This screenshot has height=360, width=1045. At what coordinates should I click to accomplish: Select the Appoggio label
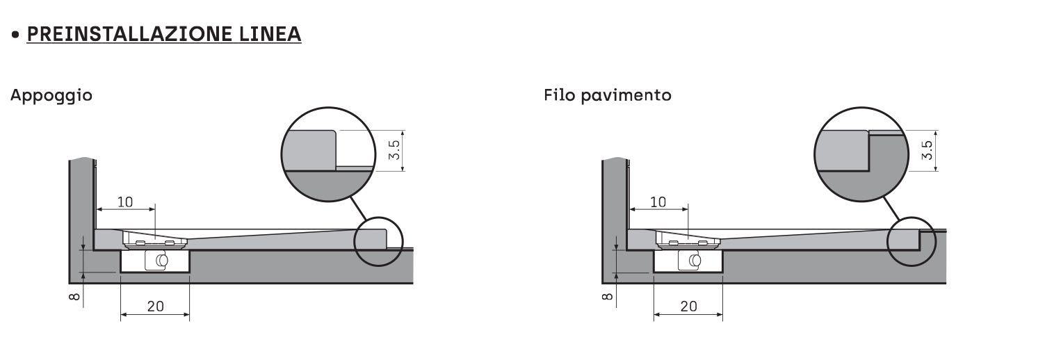pyautogui.click(x=51, y=95)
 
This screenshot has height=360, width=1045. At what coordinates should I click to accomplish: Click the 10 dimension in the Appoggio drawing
pyautogui.click(x=125, y=202)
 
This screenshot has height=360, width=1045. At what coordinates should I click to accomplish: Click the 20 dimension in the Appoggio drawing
pyautogui.click(x=155, y=306)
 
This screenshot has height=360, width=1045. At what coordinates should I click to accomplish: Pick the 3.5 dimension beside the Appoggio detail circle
pyautogui.click(x=394, y=151)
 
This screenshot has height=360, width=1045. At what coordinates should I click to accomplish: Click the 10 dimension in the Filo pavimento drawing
pyautogui.click(x=658, y=202)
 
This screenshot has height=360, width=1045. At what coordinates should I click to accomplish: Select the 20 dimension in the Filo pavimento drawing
pyautogui.click(x=688, y=306)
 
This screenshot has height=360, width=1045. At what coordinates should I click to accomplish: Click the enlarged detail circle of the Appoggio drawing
pyautogui.click(x=328, y=154)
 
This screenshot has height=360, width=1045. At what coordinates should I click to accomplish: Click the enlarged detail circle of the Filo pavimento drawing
pyautogui.click(x=861, y=154)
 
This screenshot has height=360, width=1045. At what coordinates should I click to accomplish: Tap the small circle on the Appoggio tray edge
pyautogui.click(x=378, y=241)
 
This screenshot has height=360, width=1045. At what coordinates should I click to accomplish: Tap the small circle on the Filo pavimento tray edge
pyautogui.click(x=912, y=241)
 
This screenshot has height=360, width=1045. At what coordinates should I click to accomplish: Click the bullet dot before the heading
pyautogui.click(x=15, y=34)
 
